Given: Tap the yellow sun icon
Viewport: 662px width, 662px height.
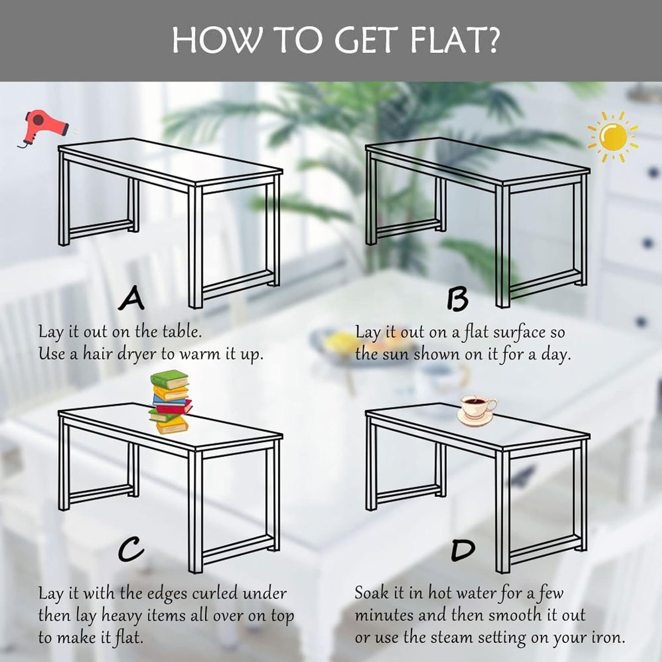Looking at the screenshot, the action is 613,137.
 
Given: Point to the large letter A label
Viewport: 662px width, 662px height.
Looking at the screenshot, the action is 131,298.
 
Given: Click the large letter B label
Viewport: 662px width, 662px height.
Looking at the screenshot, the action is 458,298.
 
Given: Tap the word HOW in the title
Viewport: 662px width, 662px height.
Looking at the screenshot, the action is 214,40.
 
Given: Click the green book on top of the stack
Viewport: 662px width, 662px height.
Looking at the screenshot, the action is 170,379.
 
